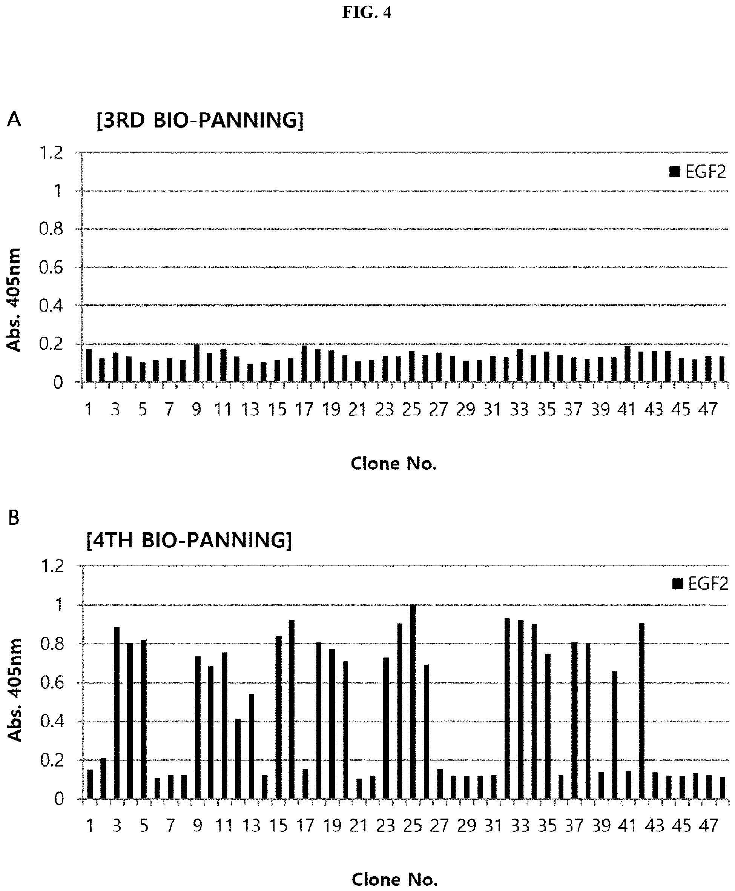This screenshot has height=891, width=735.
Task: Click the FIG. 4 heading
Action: tap(367, 13)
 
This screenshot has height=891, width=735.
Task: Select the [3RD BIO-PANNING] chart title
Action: tap(200, 121)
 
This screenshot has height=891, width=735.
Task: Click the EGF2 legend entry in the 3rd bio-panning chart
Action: tap(697, 172)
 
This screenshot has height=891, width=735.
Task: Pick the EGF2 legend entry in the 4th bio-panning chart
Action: tap(700, 584)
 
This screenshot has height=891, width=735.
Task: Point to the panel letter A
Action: tap(14, 120)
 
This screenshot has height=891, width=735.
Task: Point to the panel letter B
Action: tap(14, 518)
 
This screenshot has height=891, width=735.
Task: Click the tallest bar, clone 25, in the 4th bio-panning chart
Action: tap(413, 702)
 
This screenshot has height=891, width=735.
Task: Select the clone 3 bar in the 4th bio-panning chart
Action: tap(117, 713)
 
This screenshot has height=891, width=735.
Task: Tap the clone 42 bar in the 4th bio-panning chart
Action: tap(642, 711)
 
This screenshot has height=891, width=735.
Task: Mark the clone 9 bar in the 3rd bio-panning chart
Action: tap(196, 363)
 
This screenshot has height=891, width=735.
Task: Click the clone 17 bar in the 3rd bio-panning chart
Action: tap(304, 363)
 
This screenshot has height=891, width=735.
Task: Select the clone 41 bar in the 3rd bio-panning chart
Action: tap(628, 364)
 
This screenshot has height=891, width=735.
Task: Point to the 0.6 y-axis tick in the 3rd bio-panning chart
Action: tap(51, 267)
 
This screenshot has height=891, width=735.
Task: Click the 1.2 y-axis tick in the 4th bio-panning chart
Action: tap(52, 566)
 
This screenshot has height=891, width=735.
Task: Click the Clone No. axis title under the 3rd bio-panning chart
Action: tap(394, 464)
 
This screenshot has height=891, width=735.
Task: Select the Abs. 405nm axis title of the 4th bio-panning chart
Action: tap(15, 690)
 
